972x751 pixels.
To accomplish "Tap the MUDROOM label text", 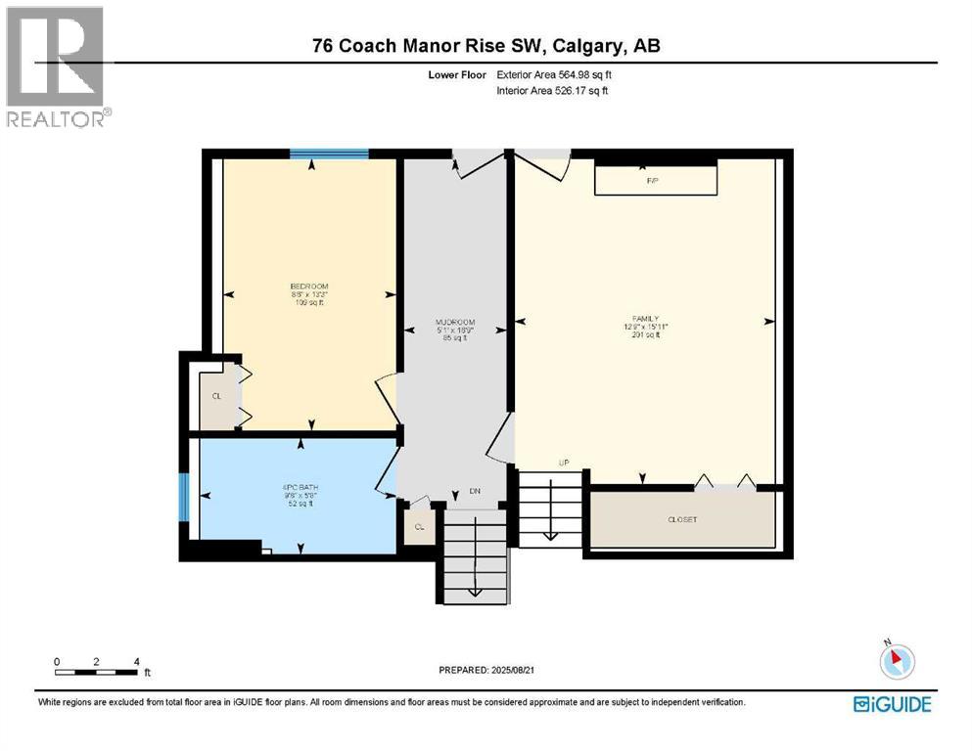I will click(455, 323).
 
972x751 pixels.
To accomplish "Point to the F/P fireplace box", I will click(655, 181).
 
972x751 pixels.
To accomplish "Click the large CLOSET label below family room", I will click(681, 519).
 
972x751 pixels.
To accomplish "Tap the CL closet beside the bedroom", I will click(216, 397).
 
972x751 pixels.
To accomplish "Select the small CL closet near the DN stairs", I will click(418, 526).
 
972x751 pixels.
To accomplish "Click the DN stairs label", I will click(475, 492).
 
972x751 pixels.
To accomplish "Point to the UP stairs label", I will click(563, 462).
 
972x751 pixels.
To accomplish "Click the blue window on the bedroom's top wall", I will click(329, 154).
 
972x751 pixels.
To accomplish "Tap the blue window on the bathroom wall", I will click(183, 500).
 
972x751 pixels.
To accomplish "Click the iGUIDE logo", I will click(892, 703).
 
